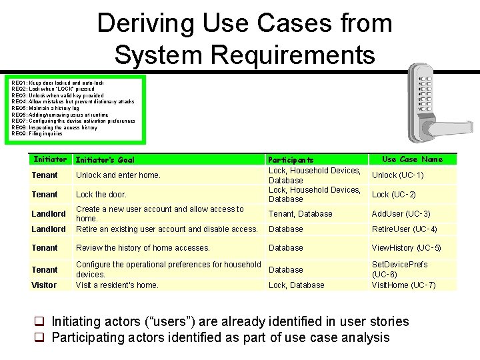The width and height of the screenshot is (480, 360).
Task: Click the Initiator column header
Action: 51,159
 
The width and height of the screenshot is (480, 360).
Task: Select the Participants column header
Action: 291,160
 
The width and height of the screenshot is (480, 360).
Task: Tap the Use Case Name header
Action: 412,159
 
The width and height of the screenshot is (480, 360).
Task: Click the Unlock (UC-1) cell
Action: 398,175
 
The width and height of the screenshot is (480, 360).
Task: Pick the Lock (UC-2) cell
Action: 394,195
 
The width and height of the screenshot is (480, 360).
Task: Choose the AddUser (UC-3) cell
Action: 401,214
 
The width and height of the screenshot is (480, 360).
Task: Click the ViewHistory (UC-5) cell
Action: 406,248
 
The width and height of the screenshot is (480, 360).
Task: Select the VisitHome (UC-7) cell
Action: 403,285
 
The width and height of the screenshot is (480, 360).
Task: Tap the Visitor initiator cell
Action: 44,285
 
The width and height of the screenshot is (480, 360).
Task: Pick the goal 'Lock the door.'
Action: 101,195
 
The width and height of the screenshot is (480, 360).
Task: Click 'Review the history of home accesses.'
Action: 143,248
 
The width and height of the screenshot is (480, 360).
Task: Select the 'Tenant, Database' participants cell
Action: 300,214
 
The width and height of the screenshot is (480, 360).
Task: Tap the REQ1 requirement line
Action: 57,83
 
